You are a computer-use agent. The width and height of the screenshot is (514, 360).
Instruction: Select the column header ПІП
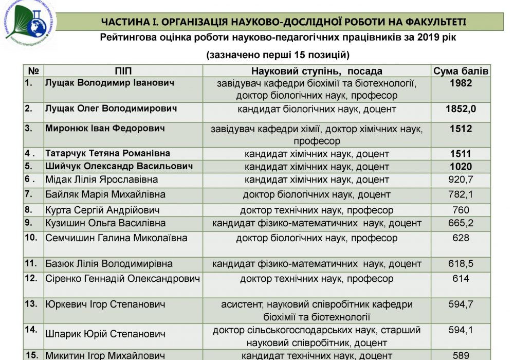pos(123,71)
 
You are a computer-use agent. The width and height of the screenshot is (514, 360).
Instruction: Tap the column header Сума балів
pos(461,71)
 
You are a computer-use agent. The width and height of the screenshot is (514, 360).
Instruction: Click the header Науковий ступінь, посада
pos(317,71)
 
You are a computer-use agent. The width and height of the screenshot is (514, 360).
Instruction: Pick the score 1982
pos(461,83)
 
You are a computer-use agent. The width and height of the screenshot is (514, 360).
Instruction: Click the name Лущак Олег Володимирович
pos(112,109)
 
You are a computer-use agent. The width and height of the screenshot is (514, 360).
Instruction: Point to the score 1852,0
pos(461,109)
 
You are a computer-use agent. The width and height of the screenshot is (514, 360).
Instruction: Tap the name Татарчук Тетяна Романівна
pos(108,153)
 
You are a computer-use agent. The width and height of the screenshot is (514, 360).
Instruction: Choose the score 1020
pos(461,167)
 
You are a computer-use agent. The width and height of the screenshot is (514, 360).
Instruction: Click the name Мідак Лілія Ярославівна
pos(102,179)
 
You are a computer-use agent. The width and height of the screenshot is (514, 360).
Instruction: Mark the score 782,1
pos(461,195)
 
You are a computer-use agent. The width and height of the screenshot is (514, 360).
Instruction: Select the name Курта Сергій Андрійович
pos(102,210)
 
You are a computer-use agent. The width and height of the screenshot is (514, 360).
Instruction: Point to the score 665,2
pos(461,223)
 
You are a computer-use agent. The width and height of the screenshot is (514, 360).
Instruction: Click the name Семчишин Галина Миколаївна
pos(117,238)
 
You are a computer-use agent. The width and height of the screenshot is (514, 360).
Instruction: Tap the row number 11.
pos(30,263)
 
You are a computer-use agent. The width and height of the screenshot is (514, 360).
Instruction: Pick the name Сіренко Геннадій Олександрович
pos(122,279)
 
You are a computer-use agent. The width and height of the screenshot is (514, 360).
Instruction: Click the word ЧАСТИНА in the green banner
pos(124,21)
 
